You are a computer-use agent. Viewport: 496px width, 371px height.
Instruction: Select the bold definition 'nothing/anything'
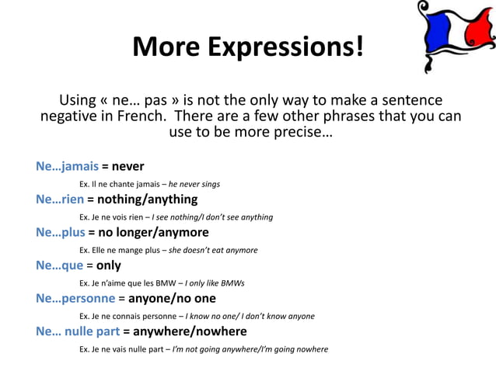[148, 199]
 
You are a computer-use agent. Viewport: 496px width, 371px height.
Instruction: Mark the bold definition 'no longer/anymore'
[153, 232]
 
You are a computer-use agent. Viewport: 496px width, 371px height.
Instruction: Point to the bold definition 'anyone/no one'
[172, 298]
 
